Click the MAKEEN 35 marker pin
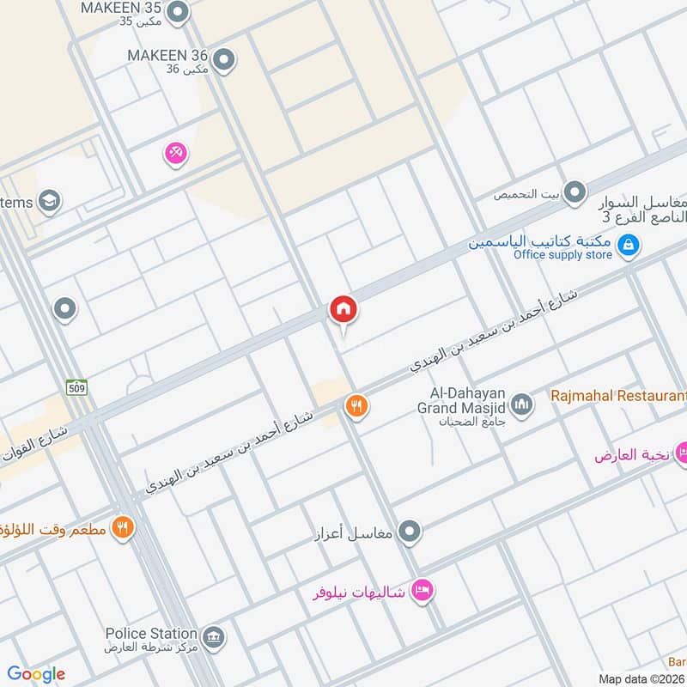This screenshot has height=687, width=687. click(x=178, y=12)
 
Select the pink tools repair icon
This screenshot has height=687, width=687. click(x=176, y=153)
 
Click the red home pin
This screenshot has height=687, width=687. click(x=343, y=310)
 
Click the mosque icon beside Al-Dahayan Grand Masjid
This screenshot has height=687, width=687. click(x=521, y=401)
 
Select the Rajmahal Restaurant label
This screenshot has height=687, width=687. click(x=617, y=397)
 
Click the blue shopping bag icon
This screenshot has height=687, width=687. click(x=629, y=246)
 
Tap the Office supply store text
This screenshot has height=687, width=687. click(x=562, y=255)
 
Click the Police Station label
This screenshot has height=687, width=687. click(x=150, y=633)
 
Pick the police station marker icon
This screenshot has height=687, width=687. click(x=215, y=637)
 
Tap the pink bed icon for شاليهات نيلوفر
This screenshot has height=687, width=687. click(x=423, y=590)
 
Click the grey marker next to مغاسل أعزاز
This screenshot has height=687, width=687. click(x=411, y=532)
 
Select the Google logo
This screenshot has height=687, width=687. click(x=36, y=673)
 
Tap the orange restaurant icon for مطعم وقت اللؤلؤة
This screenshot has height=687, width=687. click(x=124, y=526)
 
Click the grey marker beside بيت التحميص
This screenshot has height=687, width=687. click(x=575, y=192)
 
